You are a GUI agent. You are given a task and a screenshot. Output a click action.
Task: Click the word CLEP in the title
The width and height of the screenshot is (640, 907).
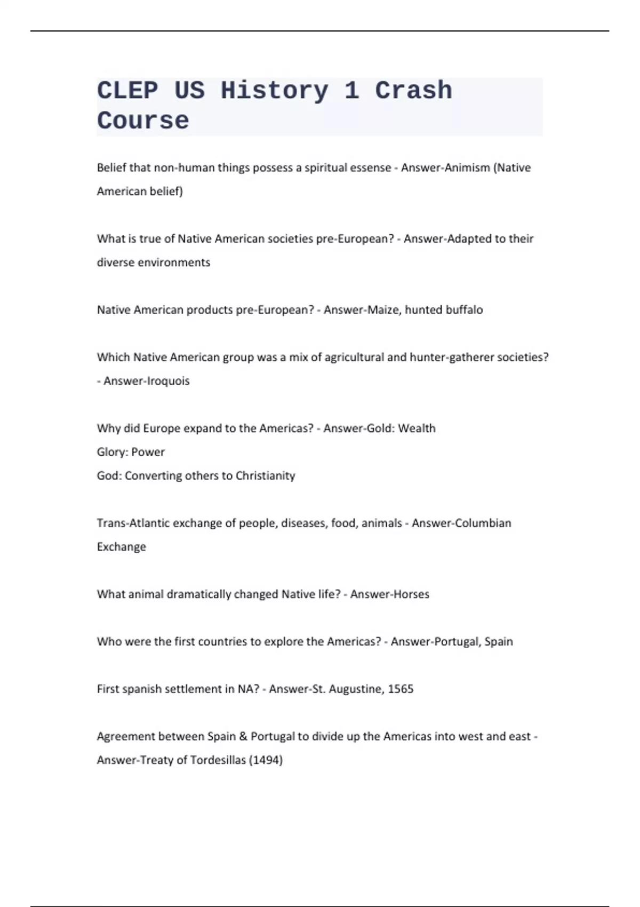pyautogui.click(x=127, y=90)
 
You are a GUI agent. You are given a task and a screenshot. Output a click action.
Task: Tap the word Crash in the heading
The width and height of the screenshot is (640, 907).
pyautogui.click(x=413, y=90)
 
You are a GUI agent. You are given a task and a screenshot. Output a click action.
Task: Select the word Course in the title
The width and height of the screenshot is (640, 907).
pyautogui.click(x=143, y=121)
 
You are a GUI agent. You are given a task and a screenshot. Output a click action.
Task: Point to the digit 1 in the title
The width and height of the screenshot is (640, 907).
pyautogui.click(x=351, y=90)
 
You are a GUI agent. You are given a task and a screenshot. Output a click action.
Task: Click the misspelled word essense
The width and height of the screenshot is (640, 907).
pyautogui.click(x=370, y=168)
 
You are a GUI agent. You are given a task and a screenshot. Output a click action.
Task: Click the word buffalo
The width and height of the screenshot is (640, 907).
pyautogui.click(x=464, y=309)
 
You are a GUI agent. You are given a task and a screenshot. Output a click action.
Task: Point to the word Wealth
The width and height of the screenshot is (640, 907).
pyautogui.click(x=417, y=428)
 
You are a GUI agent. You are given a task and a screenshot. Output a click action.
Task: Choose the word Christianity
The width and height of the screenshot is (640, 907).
pyautogui.click(x=265, y=475)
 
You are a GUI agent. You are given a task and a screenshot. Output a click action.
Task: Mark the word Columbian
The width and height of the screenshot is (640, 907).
pyautogui.click(x=477, y=523)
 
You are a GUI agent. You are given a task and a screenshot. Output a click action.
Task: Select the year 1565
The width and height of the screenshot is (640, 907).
pyautogui.click(x=401, y=689)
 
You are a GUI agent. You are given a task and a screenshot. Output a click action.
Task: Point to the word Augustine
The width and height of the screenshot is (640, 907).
pyautogui.click(x=356, y=689)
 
